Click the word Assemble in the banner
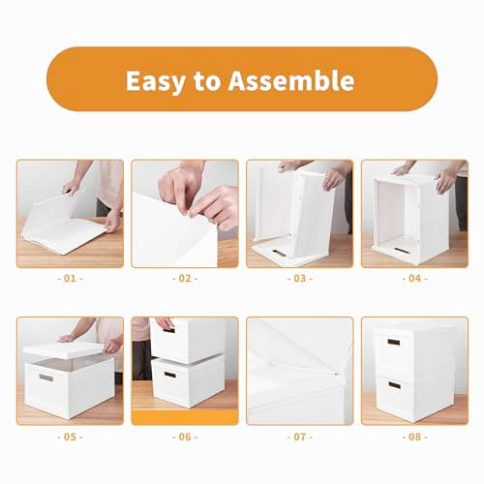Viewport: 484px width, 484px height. [x=293, y=79]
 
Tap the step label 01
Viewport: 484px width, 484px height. [x=70, y=279]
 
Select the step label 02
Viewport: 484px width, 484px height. [x=184, y=279]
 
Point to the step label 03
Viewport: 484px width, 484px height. [x=299, y=279]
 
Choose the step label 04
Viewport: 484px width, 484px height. [x=414, y=279]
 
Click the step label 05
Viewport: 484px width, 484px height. [x=70, y=436]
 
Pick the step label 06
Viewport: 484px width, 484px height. [x=184, y=436]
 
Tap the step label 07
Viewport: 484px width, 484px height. [x=299, y=436]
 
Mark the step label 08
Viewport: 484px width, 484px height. [x=414, y=436]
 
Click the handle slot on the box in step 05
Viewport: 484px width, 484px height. [x=45, y=377]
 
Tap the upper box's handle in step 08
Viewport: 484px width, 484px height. [x=394, y=342]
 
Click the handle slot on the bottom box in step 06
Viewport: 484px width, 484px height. [x=169, y=374]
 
